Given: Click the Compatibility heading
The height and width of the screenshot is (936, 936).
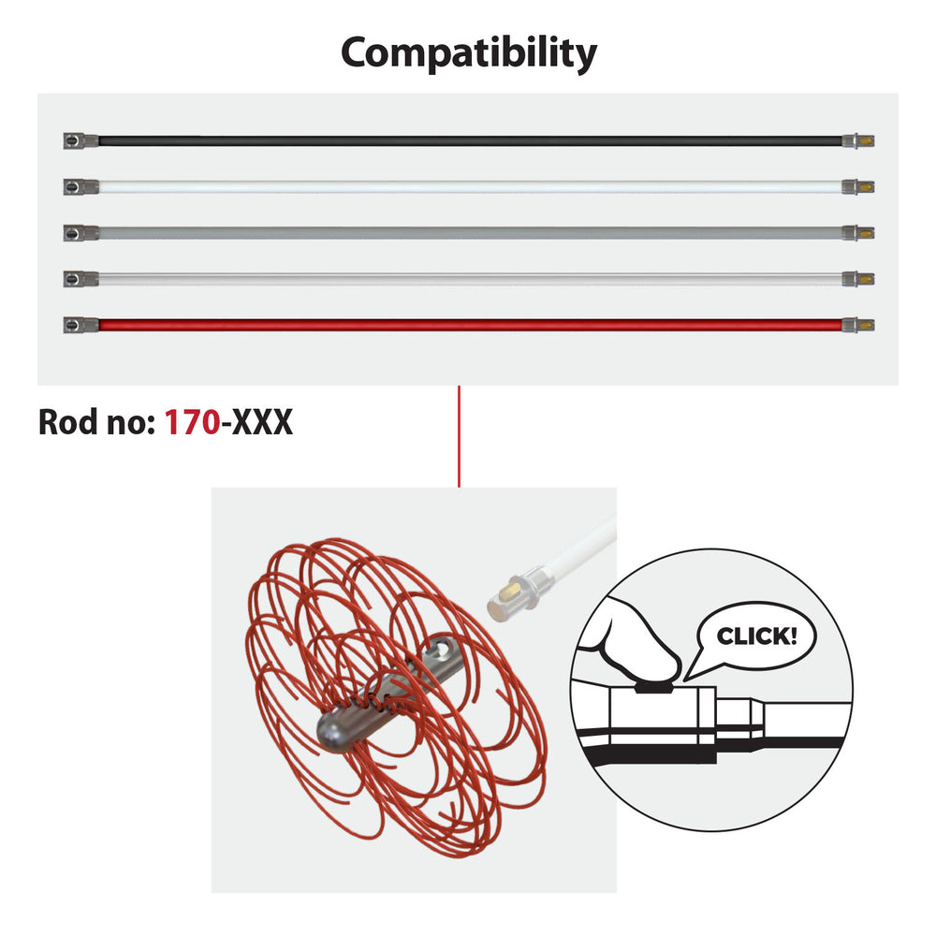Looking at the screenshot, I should coord(468,53).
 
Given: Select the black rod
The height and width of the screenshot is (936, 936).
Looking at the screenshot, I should coord(468,141).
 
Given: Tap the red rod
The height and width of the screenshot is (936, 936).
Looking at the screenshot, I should coord(468,326).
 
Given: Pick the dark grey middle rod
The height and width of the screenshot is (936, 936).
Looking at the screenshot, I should coord(468,232).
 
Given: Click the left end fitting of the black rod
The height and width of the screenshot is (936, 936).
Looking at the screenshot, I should coord(80,141).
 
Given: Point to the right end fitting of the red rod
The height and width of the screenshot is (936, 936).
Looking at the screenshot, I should coord(858,326).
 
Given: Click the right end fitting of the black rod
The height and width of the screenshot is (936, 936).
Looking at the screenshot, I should coord(858,141).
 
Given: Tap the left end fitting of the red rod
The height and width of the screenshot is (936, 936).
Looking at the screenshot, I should coord(80,326).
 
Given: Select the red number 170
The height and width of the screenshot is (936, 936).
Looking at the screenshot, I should coord(192,423).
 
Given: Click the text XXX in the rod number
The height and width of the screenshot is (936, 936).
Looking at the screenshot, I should coord(262,423).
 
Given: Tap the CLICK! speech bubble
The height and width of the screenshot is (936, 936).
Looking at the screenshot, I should coord(756,637).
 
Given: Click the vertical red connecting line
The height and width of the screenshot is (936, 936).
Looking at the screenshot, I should coord(459,436).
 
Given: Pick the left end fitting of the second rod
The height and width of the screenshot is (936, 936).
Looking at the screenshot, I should coord(80,187).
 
